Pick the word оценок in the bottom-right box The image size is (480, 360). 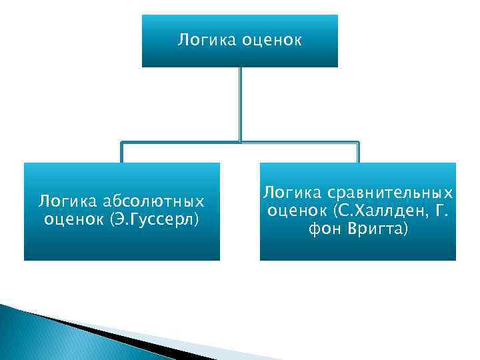coord(296,211)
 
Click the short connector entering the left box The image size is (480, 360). coord(121,153)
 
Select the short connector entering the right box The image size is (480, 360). coord(358,153)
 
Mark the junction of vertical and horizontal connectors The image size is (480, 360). coord(240,142)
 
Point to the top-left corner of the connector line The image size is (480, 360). coord(121,142)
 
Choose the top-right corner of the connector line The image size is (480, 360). coord(358,142)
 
